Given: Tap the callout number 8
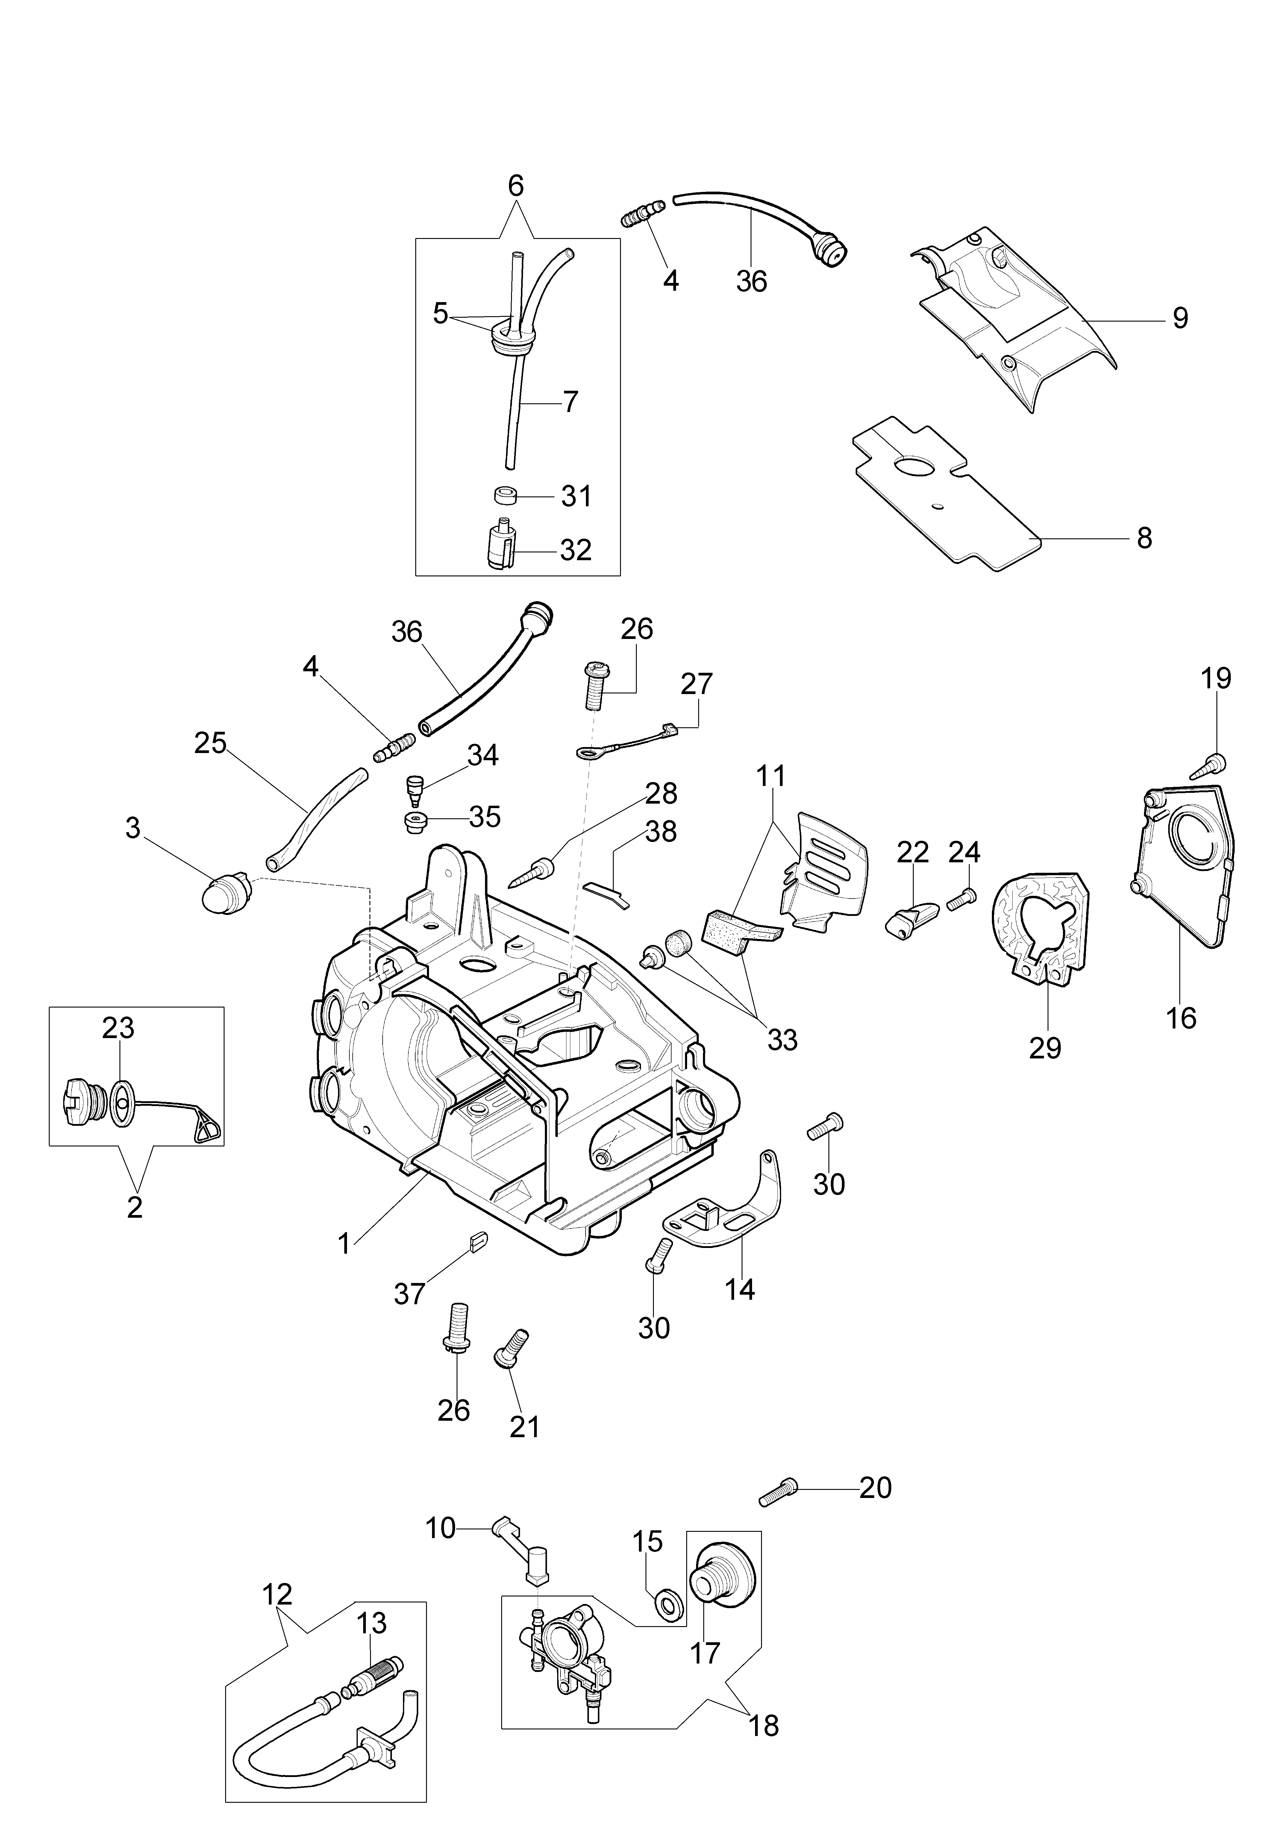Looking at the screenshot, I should (x=1145, y=538).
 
